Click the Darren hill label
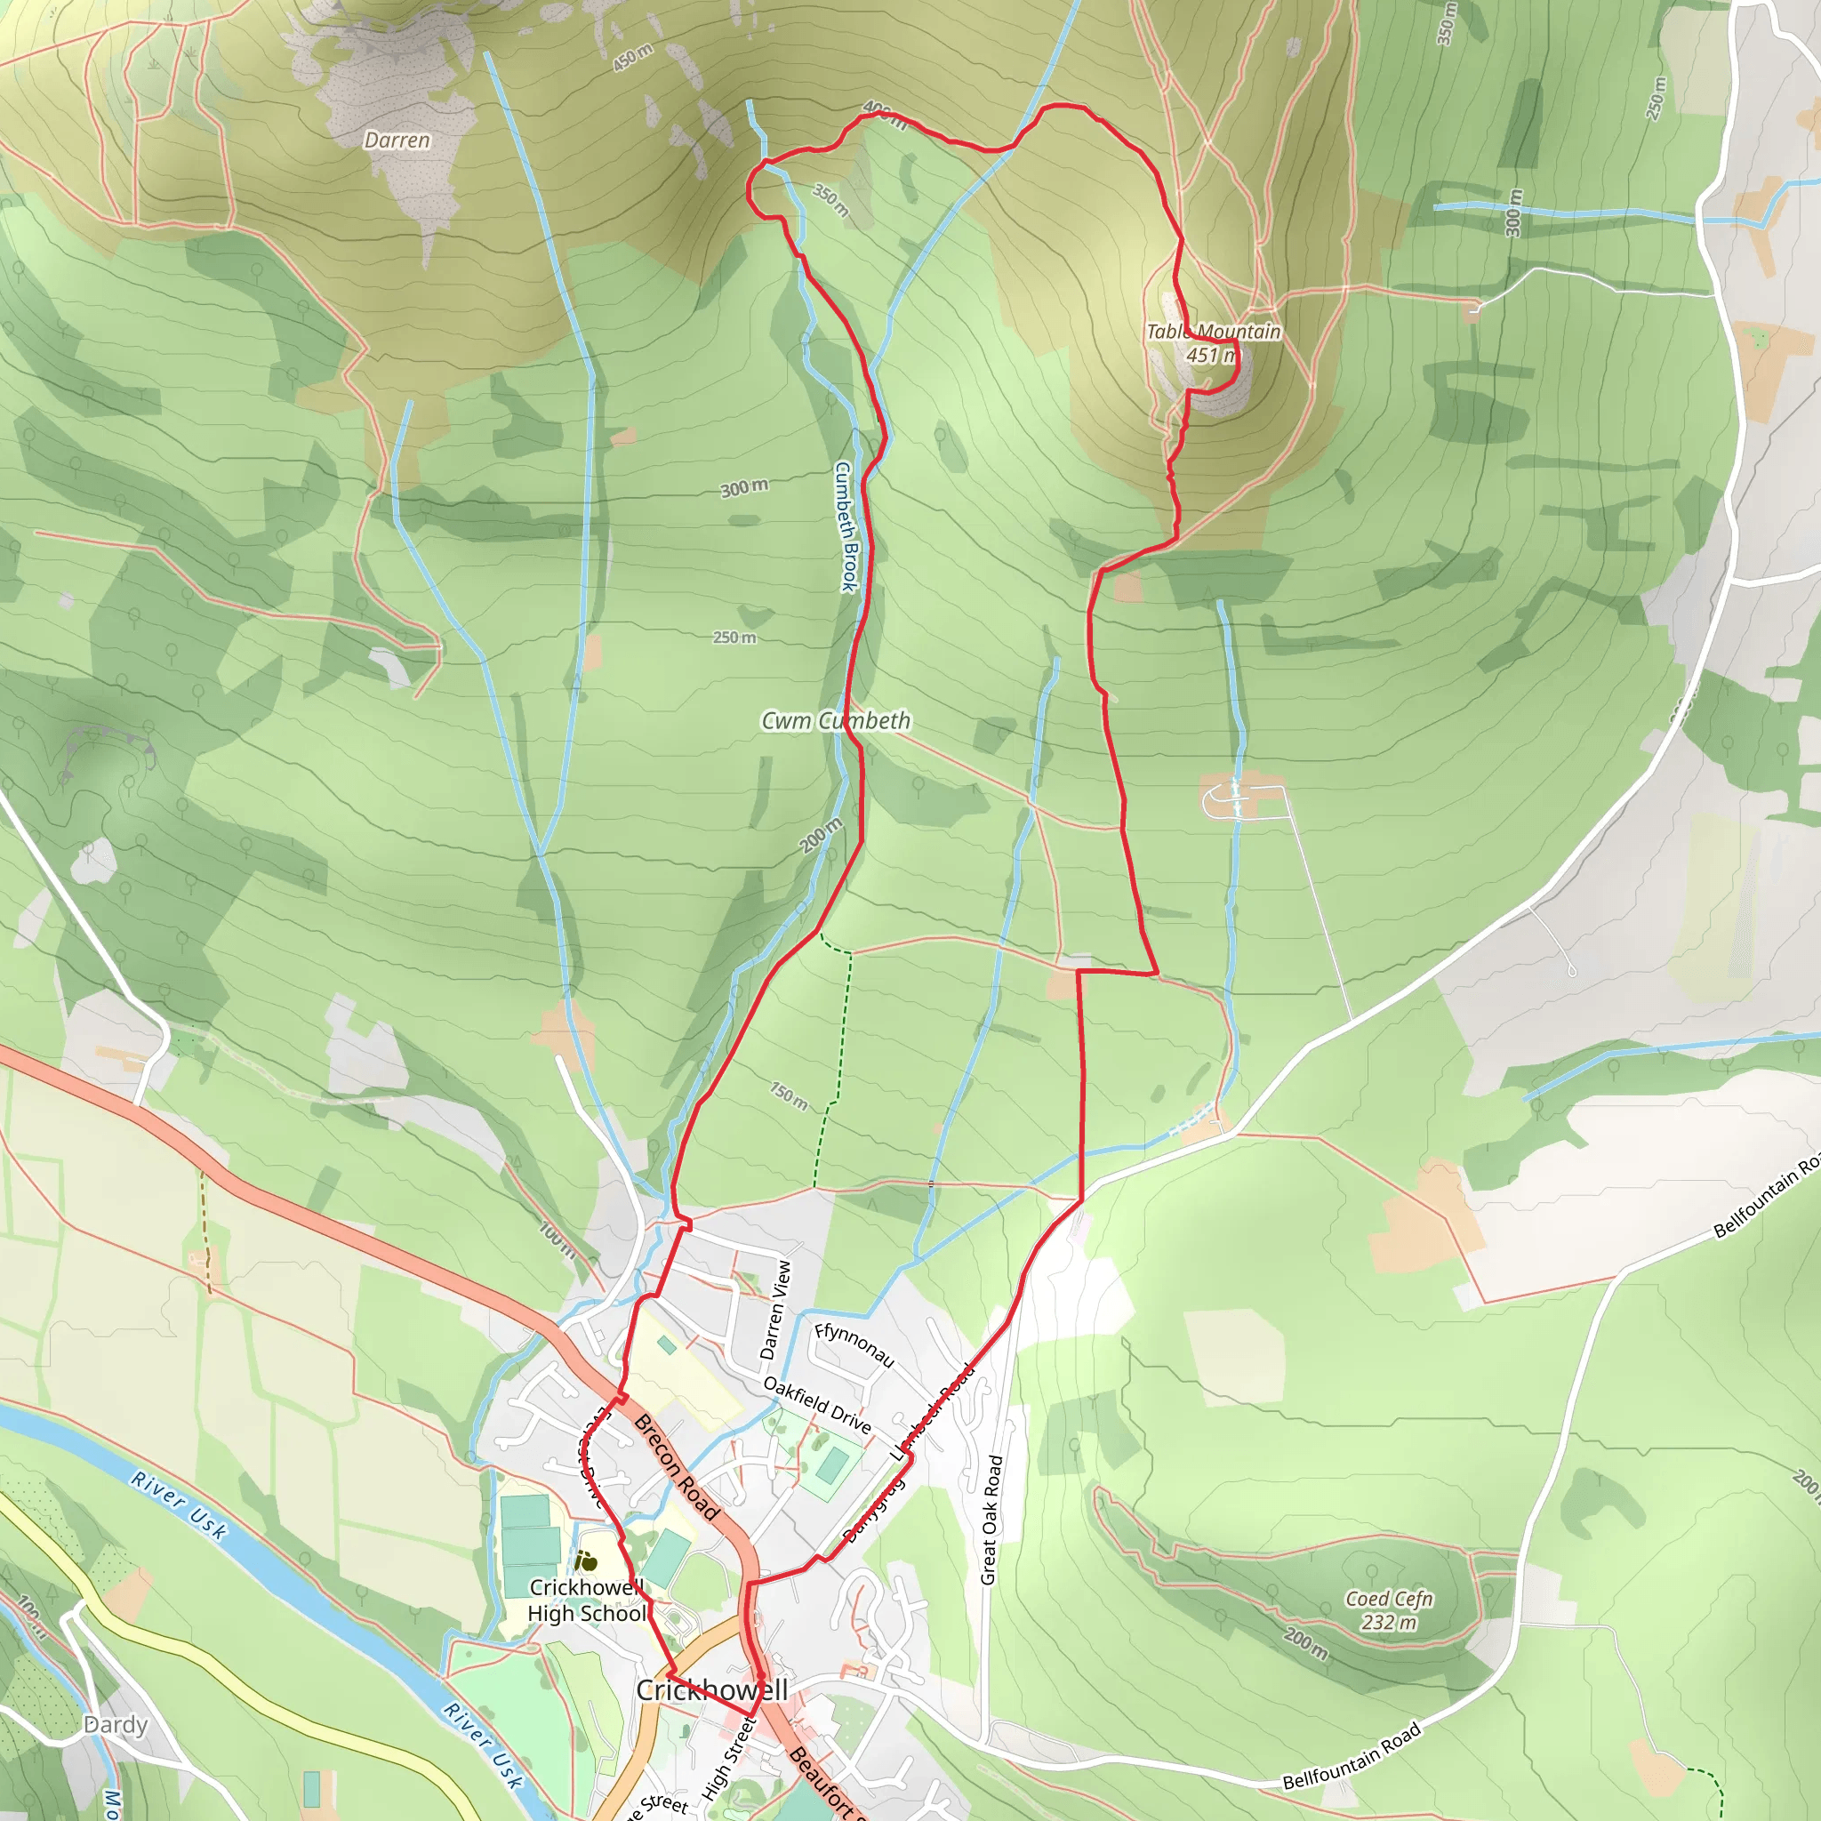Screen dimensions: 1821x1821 (397, 140)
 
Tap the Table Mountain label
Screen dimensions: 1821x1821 (1213, 332)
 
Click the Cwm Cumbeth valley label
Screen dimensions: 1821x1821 (836, 721)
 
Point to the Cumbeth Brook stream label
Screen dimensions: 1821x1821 (846, 526)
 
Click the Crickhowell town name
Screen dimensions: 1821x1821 (711, 1690)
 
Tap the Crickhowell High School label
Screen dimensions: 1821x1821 (587, 1600)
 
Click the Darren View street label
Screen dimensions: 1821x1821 (775, 1310)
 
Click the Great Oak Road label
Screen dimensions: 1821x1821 (991, 1520)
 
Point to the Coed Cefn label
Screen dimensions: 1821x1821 (1388, 1599)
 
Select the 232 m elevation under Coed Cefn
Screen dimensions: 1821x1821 (1388, 1622)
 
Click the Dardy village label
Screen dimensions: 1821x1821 (116, 1725)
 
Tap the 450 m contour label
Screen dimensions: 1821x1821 (632, 58)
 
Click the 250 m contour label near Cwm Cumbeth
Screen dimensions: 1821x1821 (734, 638)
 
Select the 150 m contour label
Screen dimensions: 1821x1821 (789, 1096)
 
